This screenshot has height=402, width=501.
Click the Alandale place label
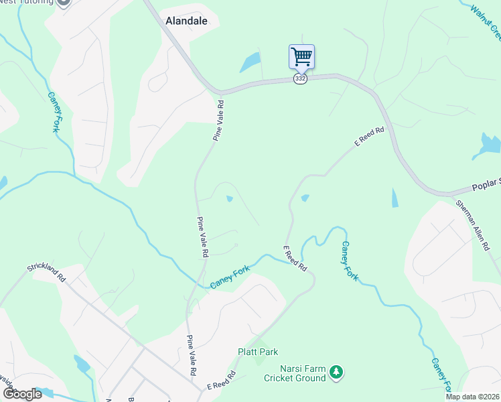click(x=186, y=21)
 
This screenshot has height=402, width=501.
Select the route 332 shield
click(x=300, y=79)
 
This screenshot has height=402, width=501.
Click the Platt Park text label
click(x=258, y=352)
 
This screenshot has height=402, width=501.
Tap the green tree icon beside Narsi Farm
click(x=337, y=371)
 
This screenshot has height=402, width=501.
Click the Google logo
click(x=22, y=394)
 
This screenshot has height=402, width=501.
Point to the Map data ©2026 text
click(x=472, y=397)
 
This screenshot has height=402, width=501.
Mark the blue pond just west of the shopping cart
click(x=250, y=63)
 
